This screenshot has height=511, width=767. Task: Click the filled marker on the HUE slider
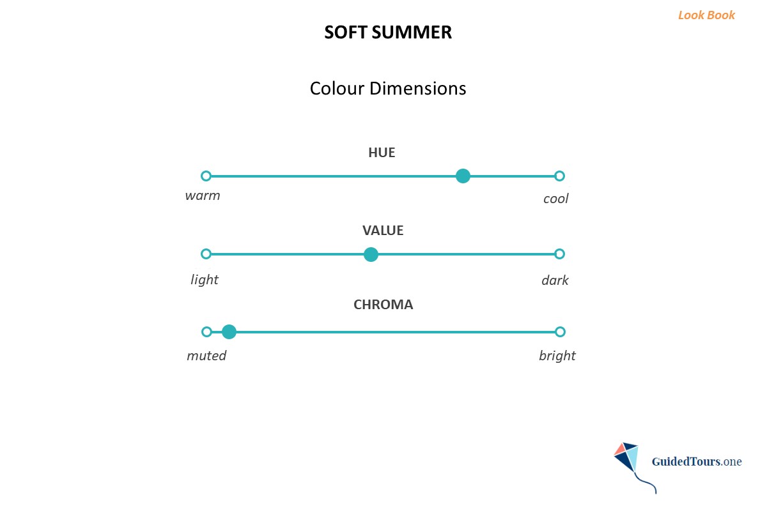click(463, 176)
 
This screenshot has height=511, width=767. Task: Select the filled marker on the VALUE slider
click(371, 255)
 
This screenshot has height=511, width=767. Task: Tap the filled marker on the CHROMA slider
click(229, 332)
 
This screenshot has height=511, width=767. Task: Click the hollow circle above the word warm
click(206, 176)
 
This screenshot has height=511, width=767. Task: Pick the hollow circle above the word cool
click(559, 176)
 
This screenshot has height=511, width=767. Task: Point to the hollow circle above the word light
click(206, 254)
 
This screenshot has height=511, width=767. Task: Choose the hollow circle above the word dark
click(559, 254)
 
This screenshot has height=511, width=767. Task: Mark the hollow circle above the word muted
click(206, 332)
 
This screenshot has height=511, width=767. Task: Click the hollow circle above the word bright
click(560, 332)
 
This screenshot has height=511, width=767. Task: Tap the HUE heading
click(382, 153)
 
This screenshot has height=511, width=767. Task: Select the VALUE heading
click(383, 231)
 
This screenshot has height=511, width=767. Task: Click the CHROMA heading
click(383, 305)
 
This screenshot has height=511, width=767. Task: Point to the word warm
click(203, 195)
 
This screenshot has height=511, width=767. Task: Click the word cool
click(555, 199)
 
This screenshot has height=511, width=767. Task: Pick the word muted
click(206, 355)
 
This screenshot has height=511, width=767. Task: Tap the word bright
click(557, 355)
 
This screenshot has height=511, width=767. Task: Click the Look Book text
click(706, 15)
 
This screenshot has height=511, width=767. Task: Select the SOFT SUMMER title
click(388, 33)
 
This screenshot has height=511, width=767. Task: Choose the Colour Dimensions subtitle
click(388, 88)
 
